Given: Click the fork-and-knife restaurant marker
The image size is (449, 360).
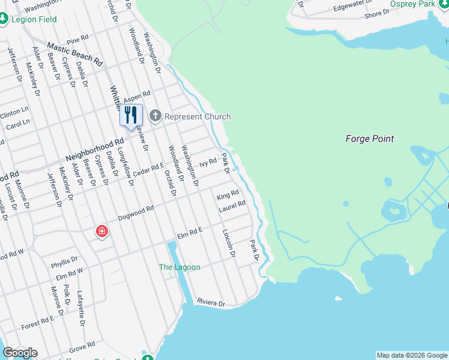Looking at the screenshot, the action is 131,115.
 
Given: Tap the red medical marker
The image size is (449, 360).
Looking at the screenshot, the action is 102,231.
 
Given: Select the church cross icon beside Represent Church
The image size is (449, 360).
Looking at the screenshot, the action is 155,115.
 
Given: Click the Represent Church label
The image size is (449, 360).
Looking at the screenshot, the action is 197,116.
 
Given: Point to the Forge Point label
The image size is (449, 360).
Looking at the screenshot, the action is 370,139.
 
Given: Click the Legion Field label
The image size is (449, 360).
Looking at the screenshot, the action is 34,19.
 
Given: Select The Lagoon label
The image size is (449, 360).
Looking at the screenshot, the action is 179,267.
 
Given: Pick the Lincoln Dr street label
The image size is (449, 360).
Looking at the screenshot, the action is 229,244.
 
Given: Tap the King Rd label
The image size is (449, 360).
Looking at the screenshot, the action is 228,195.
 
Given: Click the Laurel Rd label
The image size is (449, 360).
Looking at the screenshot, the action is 232,205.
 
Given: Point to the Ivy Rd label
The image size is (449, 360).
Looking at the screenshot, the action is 208,162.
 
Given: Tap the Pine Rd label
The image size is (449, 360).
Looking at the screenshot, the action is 77,40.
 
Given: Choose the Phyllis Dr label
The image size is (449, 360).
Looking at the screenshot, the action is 64,263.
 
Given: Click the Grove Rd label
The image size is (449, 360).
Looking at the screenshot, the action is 82,347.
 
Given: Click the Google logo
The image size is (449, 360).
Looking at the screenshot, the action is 20,353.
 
